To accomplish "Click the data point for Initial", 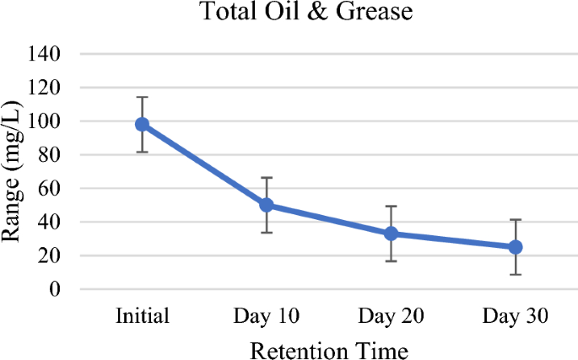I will pos(142,124).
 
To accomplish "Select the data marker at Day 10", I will pos(267,205).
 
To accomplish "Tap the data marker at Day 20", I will pos(392,234).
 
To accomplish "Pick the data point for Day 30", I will pos(516,247).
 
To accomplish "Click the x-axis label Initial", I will pos(142,317).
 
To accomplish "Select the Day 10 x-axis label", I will pos(267,317).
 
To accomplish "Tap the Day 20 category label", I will pos(392,317).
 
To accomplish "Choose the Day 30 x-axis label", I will pos(516,317).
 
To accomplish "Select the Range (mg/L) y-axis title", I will pos(14,172).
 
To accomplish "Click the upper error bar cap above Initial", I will pos(142,97).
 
